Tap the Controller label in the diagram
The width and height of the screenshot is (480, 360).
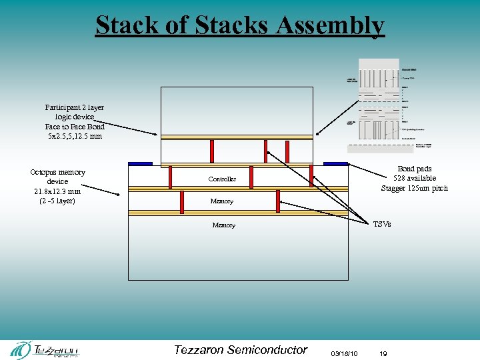point(222,179)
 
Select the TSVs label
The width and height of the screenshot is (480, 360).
point(382,224)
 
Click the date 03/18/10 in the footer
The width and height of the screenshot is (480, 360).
point(343,353)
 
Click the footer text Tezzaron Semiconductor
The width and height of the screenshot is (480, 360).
point(241,349)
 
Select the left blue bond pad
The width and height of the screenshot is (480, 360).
point(140,163)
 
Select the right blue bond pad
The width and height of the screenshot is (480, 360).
point(335,163)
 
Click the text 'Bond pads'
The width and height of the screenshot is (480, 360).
point(414,169)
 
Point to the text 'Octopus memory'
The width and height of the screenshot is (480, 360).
point(57,172)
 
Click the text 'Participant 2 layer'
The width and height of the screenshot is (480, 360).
point(75,107)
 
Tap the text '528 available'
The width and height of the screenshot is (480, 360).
point(414,179)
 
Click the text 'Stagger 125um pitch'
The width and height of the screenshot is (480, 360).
point(414,188)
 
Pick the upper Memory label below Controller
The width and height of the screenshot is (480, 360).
point(222,201)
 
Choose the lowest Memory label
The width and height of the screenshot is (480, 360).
point(223,225)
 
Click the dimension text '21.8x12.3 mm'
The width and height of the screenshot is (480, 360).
point(57,191)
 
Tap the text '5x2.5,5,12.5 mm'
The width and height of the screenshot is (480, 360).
point(75,136)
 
